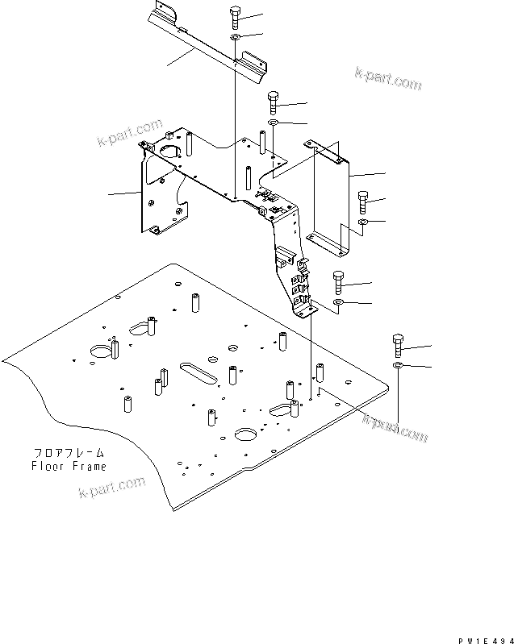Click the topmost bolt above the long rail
234,15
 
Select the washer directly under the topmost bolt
234,37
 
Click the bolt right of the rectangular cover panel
362,201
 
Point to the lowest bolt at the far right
399,345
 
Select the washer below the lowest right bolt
399,368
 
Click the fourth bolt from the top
338,283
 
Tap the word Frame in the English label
88,466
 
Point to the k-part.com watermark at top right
388,75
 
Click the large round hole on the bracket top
170,150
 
